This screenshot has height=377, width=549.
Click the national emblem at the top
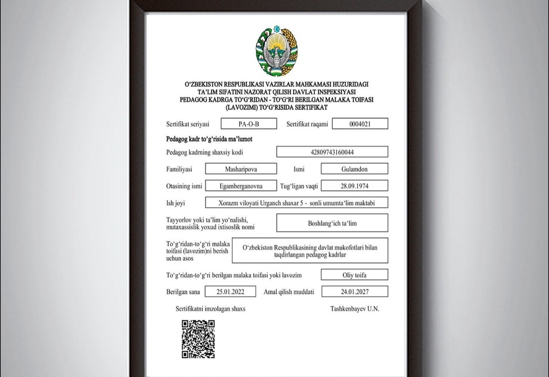click(277, 52)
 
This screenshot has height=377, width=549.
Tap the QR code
click(198, 339)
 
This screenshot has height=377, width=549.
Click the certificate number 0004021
click(360, 124)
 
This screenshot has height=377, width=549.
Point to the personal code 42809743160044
click(332, 152)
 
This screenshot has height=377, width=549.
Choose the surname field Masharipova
click(241, 169)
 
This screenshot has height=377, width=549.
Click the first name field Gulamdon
click(354, 169)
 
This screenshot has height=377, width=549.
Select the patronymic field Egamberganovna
click(241, 185)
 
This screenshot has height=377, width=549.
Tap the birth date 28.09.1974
click(354, 185)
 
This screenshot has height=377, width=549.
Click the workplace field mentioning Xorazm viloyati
click(296, 202)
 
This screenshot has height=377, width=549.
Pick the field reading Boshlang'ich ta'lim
click(332, 223)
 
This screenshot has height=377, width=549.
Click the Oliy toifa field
click(354, 274)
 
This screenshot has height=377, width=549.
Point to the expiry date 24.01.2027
click(354, 291)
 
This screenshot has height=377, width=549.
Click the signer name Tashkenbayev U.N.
click(355, 309)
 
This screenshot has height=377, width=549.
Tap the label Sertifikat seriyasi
click(188, 124)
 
